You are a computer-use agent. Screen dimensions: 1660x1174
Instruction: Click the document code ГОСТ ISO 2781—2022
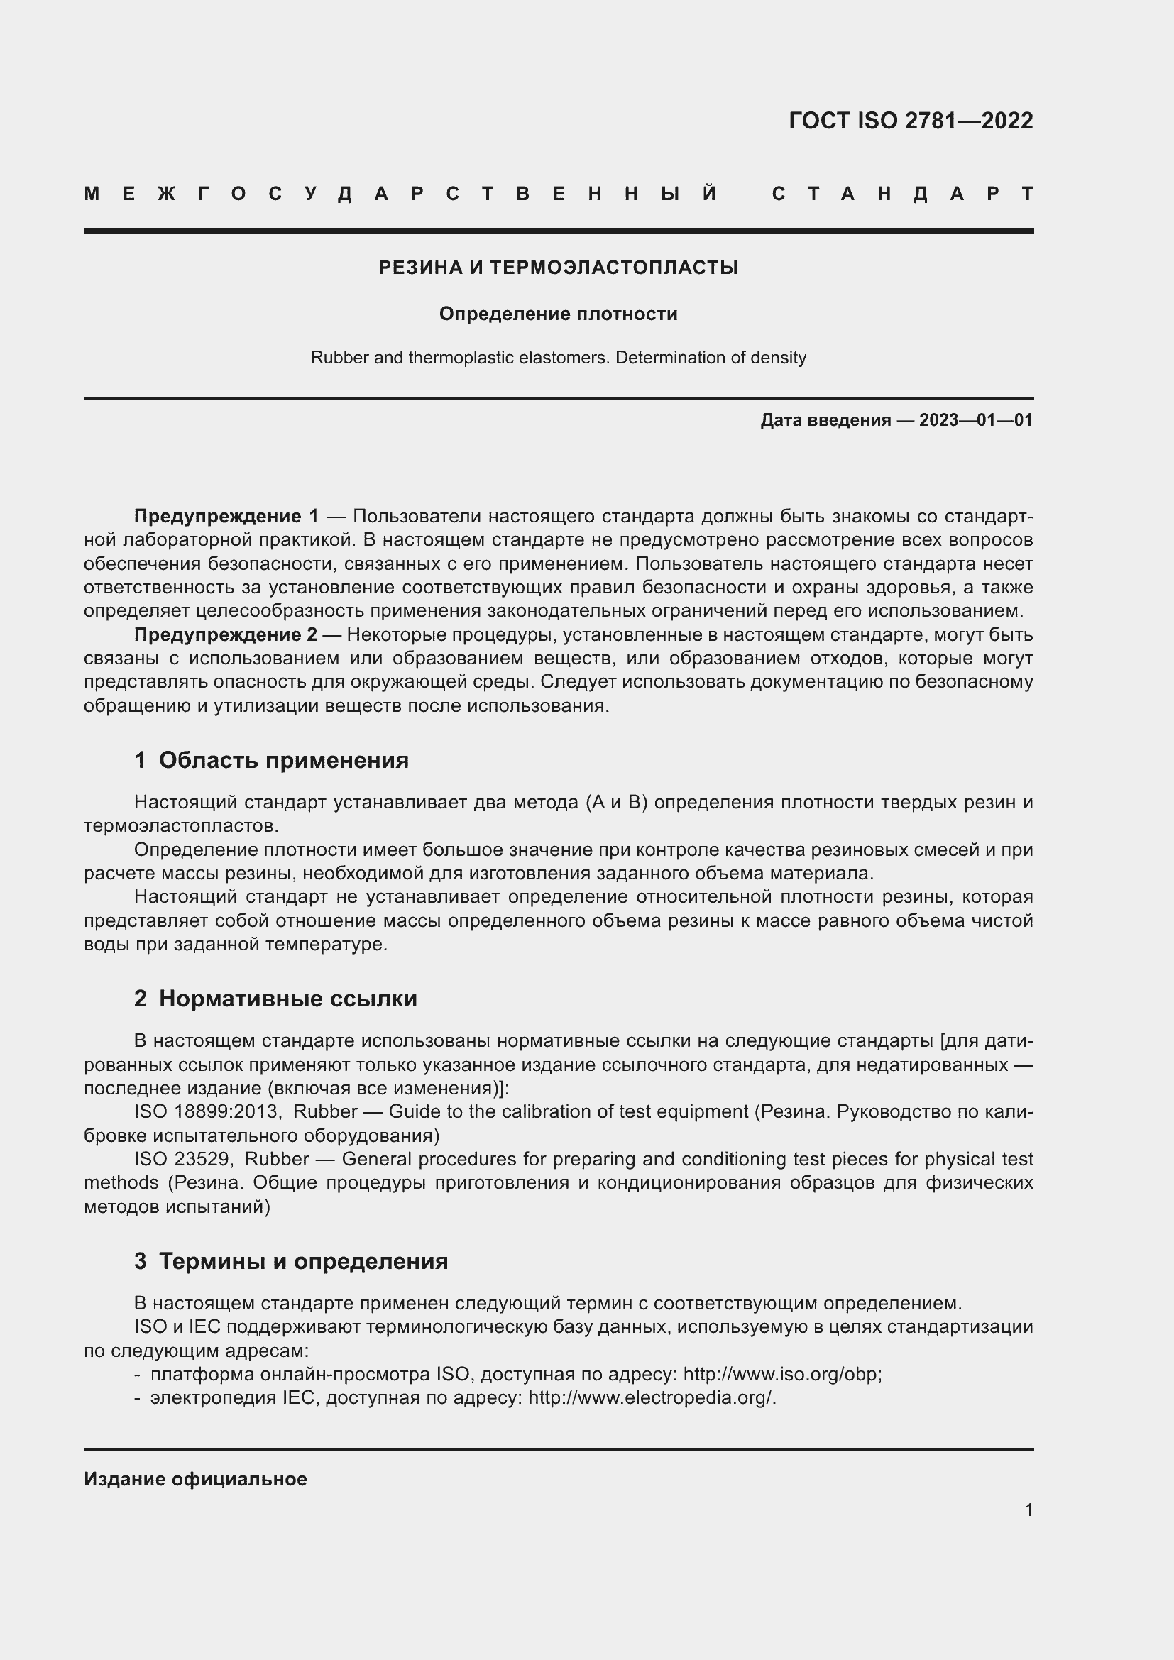(x=910, y=120)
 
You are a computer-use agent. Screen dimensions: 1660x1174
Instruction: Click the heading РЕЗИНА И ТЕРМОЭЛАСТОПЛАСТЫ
(x=558, y=268)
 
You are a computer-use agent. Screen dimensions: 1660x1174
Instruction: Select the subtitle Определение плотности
(x=558, y=314)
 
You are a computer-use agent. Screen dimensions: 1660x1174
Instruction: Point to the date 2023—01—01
(x=976, y=420)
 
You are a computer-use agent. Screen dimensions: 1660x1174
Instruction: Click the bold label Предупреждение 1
(x=226, y=516)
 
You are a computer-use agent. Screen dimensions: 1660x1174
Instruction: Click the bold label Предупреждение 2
(x=226, y=634)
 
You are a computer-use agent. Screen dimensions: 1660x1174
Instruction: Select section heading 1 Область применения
(x=271, y=760)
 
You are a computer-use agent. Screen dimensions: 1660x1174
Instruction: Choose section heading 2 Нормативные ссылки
(x=275, y=999)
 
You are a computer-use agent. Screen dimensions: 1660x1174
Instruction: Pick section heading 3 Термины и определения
(x=290, y=1261)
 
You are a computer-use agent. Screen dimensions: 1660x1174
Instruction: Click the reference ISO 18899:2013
(x=206, y=1111)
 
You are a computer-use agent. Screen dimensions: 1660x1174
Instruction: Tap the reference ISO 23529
(x=182, y=1159)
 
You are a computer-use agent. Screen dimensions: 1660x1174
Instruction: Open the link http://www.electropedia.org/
(x=651, y=1397)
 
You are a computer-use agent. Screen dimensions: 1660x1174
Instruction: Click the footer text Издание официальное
(x=195, y=1479)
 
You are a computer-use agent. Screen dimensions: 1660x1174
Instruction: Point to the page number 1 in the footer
(x=1028, y=1510)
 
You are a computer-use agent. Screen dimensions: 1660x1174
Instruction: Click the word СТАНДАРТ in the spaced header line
(x=902, y=194)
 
